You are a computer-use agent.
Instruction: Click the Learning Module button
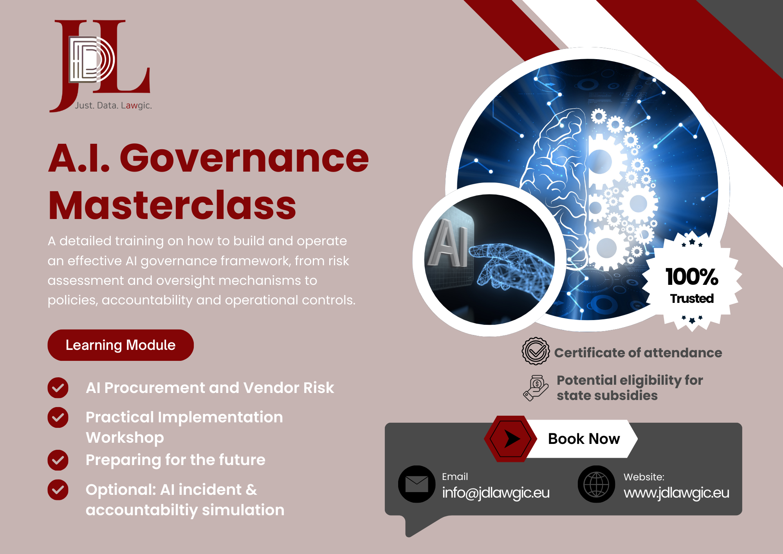pyautogui.click(x=121, y=345)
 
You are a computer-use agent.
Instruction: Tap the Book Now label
pyautogui.click(x=584, y=439)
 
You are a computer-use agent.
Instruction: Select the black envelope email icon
pyautogui.click(x=417, y=484)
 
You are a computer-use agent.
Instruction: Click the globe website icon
pyautogui.click(x=596, y=484)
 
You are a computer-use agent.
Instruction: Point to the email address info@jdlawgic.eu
pyautogui.click(x=496, y=493)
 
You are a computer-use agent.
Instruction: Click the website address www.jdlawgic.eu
pyautogui.click(x=677, y=493)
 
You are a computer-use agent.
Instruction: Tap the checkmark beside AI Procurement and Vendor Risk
pyautogui.click(x=58, y=388)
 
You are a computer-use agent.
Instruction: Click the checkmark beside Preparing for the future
pyautogui.click(x=58, y=460)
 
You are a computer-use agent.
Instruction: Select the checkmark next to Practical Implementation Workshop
pyautogui.click(x=58, y=417)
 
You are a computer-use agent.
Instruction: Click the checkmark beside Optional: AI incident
pyautogui.click(x=58, y=490)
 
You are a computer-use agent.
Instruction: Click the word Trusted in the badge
pyautogui.click(x=692, y=299)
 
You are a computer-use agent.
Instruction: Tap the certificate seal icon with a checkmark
pyautogui.click(x=536, y=351)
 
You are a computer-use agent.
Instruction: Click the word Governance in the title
pyautogui.click(x=244, y=158)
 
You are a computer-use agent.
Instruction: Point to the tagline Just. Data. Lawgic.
pyautogui.click(x=114, y=105)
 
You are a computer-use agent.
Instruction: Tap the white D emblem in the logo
pyautogui.click(x=92, y=60)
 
